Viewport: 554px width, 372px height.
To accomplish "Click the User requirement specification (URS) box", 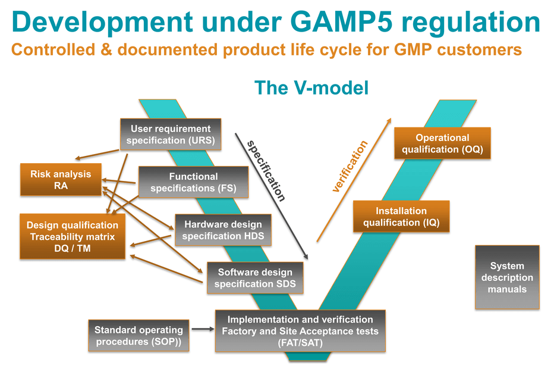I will coord(171,135).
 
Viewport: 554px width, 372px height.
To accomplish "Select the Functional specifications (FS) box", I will coord(193,182).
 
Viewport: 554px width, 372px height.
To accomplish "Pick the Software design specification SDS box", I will coord(255,278).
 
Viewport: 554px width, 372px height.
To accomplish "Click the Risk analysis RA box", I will coord(61,180).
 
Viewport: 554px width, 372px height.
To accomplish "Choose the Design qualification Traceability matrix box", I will coord(73,236).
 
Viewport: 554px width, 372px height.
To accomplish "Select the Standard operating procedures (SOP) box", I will coord(138,336).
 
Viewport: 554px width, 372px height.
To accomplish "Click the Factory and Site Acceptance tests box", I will coord(300,332).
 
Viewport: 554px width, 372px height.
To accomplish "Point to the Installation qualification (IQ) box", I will coord(401,217).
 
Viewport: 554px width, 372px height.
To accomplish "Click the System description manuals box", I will coord(507,277).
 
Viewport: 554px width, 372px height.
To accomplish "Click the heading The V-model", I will coord(311,87).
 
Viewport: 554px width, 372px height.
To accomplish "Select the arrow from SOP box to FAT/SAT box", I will coord(203,329).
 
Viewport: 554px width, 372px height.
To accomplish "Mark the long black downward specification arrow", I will coord(272,197).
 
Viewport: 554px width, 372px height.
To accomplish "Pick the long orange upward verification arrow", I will coord(354,179).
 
